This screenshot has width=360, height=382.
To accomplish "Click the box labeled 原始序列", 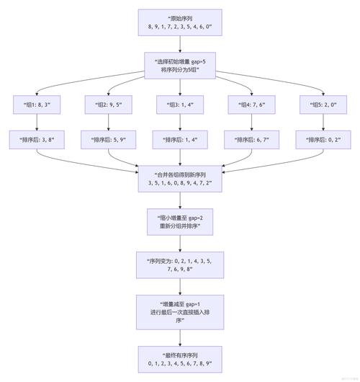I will (179, 24).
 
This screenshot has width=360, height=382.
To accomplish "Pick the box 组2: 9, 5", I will (107, 105).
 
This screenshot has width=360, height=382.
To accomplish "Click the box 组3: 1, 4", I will (179, 105).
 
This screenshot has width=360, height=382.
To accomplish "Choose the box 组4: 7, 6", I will (251, 105).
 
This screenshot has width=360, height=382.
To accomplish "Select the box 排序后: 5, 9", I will (107, 140).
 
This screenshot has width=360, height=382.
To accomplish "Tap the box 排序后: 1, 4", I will (179, 140).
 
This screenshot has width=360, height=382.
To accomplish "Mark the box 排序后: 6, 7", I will (251, 140).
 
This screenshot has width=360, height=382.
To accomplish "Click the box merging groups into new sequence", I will (179, 179).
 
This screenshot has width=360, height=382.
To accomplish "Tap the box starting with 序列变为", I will (179, 265).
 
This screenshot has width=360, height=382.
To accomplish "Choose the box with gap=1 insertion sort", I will (179, 312).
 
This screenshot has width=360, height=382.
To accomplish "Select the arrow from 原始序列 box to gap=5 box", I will (179, 45).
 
